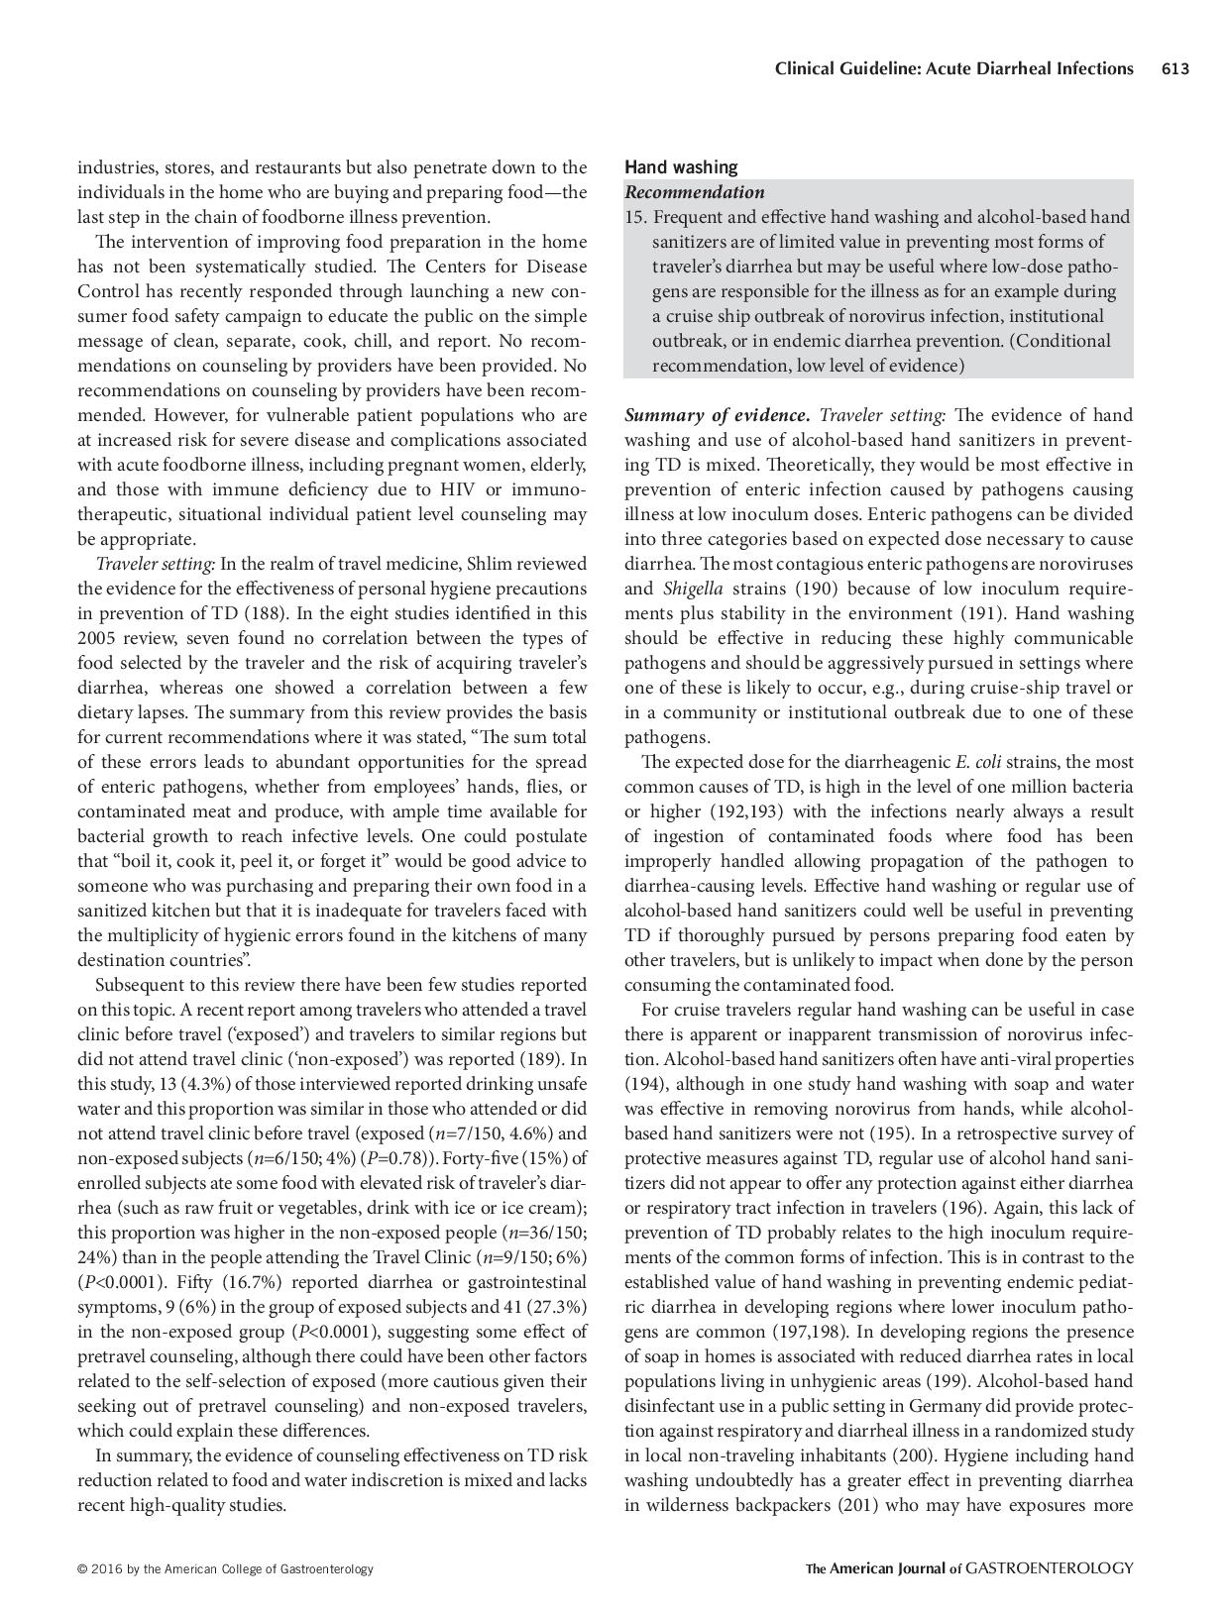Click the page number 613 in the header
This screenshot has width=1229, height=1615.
(1174, 68)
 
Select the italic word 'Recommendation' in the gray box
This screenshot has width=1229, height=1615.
(694, 192)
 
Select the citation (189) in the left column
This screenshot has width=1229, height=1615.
(566, 1059)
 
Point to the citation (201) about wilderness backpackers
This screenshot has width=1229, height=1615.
(858, 1505)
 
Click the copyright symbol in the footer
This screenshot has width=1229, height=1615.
(82, 1568)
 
